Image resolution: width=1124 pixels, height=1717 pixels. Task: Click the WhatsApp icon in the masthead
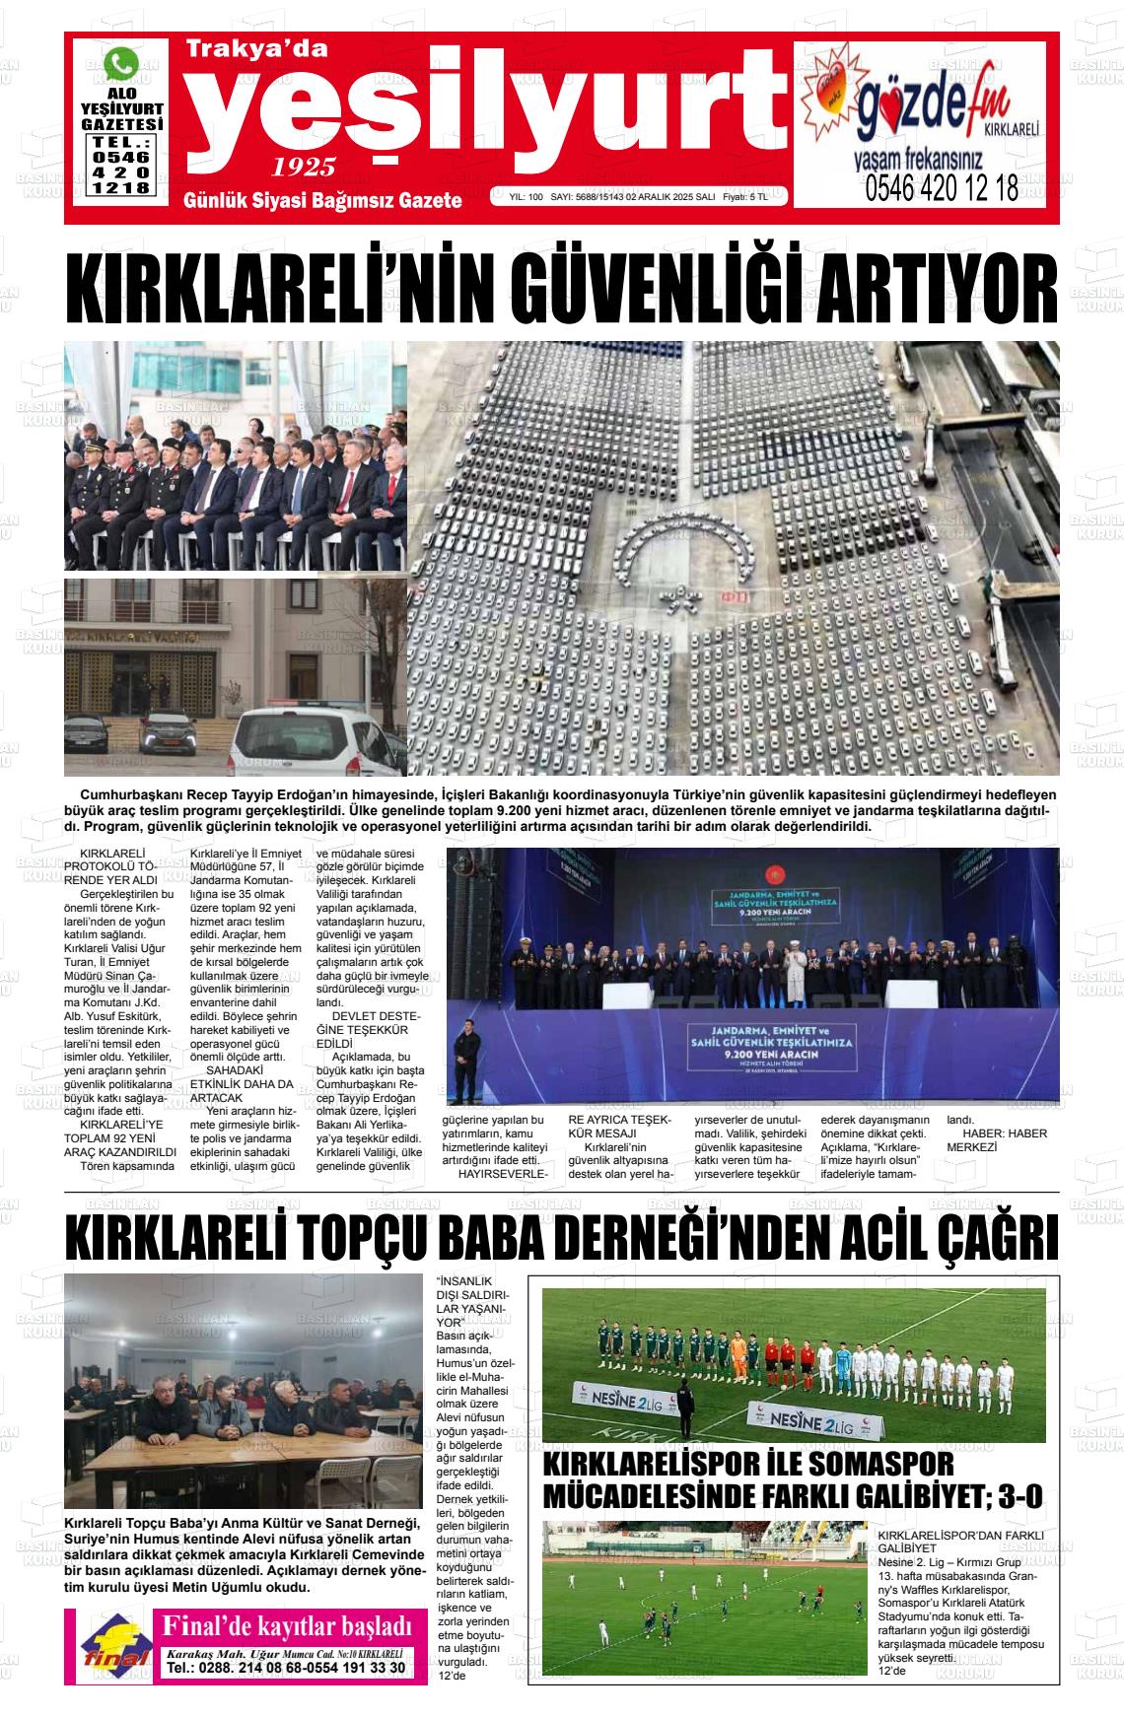(x=122, y=65)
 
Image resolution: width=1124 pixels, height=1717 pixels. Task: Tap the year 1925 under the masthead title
(x=303, y=166)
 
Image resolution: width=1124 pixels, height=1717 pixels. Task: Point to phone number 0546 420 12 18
(x=941, y=189)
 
